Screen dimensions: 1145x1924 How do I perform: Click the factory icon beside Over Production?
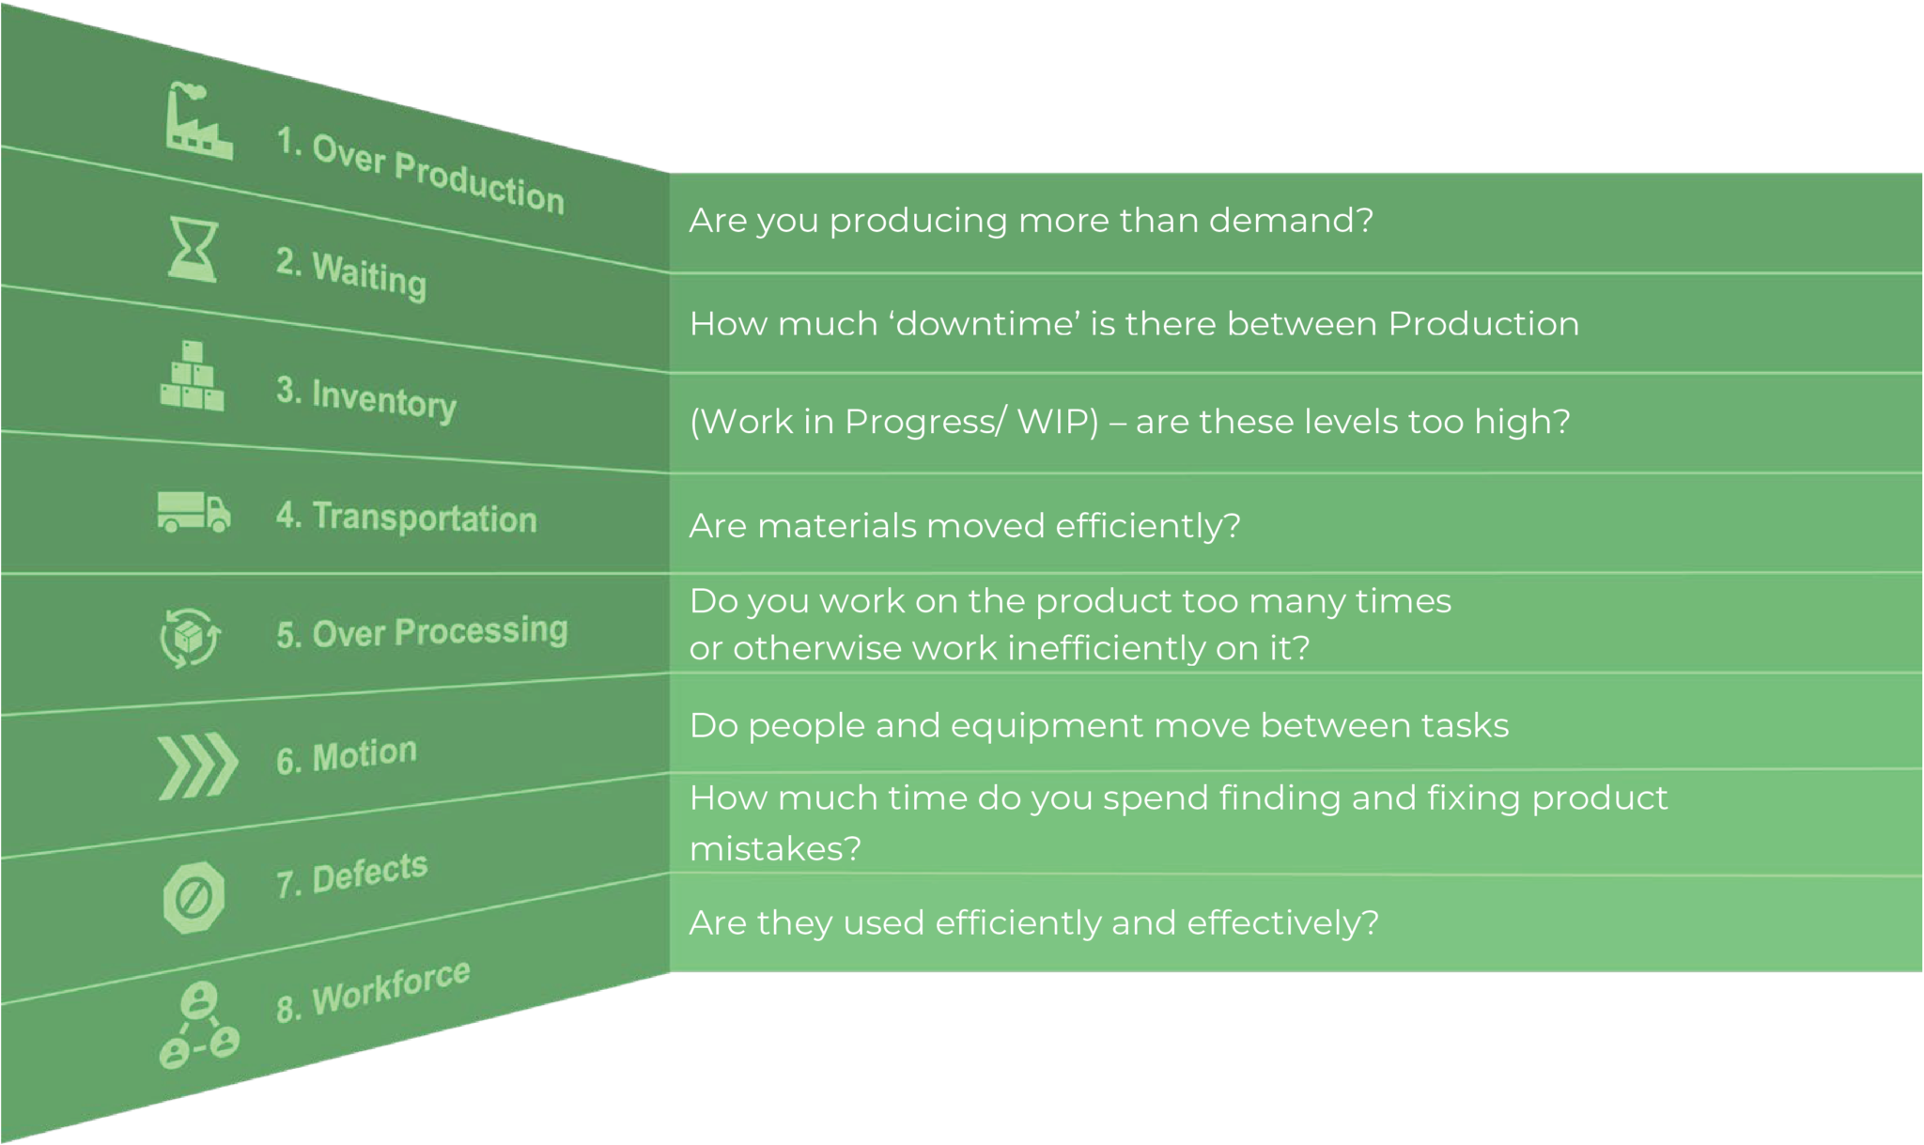click(x=197, y=122)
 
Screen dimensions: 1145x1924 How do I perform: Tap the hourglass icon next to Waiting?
click(x=193, y=250)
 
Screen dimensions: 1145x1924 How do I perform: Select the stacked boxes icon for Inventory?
click(x=193, y=378)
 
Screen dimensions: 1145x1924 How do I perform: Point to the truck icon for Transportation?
click(x=194, y=512)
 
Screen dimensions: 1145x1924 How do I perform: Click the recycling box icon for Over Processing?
click(x=191, y=638)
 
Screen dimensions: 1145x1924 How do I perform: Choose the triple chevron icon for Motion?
click(x=197, y=766)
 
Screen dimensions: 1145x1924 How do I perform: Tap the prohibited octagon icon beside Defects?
click(x=194, y=898)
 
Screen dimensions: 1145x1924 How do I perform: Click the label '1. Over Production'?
click(x=420, y=171)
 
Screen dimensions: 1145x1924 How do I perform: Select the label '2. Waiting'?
click(x=351, y=273)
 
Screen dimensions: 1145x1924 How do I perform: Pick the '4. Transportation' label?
click(x=406, y=517)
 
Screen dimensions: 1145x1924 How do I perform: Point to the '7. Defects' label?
click(x=351, y=874)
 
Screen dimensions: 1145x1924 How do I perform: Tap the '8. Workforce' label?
click(x=373, y=991)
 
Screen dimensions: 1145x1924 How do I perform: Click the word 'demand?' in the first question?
click(x=1291, y=221)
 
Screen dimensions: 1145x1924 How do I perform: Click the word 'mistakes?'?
click(x=775, y=849)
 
